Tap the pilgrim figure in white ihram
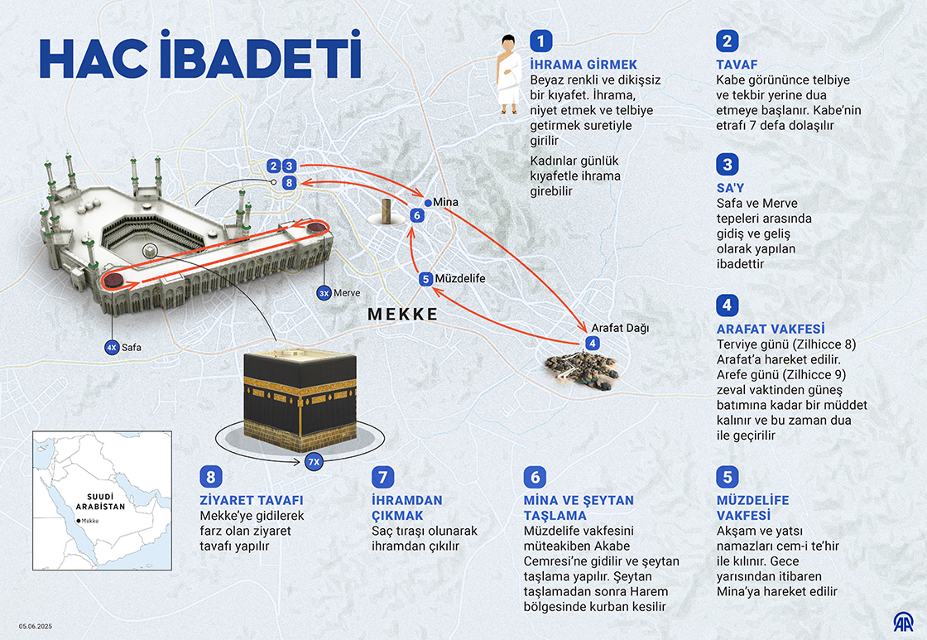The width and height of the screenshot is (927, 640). point(508,75)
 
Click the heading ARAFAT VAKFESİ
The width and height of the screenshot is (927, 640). point(771,329)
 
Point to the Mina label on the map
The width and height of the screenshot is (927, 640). point(445,202)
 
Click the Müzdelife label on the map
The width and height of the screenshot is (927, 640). point(460,278)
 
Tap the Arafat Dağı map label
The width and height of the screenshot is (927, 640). point(620,329)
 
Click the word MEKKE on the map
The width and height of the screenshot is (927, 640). point(403,314)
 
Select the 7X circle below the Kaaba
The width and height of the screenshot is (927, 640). point(314,462)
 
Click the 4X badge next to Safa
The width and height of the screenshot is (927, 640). point(112,348)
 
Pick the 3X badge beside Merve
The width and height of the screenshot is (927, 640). point(324,293)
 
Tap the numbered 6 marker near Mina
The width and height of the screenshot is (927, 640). point(417,215)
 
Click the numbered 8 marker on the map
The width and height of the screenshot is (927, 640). point(289,183)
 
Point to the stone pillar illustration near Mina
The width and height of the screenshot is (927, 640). point(386,212)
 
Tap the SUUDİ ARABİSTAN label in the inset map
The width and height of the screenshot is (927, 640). point(100,502)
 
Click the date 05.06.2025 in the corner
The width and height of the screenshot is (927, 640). point(36,627)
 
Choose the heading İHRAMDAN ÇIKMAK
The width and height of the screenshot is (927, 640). point(406,508)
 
